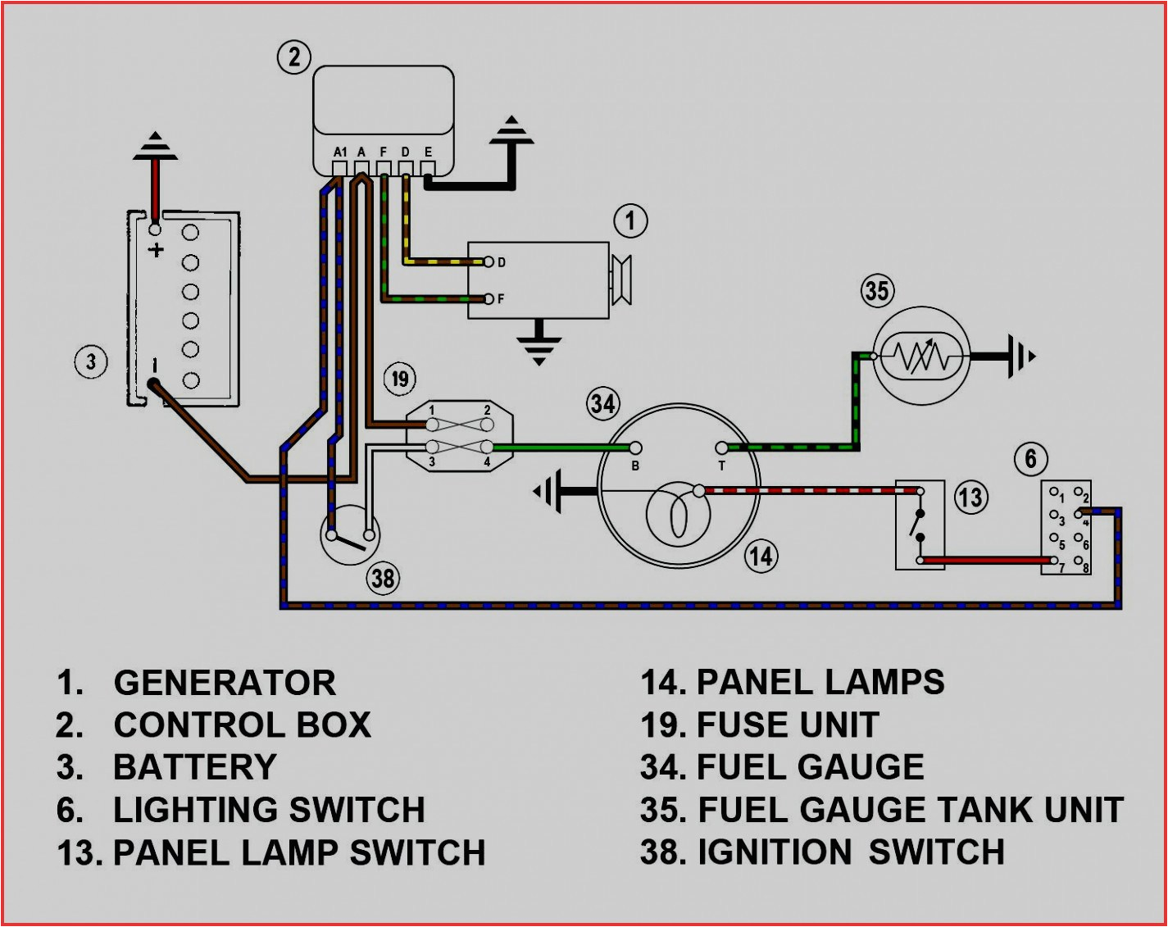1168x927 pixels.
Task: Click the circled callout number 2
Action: (294, 57)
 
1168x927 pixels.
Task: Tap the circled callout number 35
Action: (876, 290)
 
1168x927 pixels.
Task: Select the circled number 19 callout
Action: (399, 379)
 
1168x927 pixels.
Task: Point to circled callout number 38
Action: (383, 579)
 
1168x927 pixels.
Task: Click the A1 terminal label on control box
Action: (340, 152)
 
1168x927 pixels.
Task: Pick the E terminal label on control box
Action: (428, 152)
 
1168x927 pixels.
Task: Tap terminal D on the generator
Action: (489, 262)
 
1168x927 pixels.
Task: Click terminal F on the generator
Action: (489, 298)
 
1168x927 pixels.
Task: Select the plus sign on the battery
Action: (155, 249)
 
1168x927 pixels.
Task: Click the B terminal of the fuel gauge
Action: (635, 448)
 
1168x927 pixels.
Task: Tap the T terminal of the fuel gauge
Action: (721, 448)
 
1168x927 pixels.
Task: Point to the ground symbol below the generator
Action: (539, 345)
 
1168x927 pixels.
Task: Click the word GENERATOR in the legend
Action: (225, 683)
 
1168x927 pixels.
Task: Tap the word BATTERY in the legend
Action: (195, 768)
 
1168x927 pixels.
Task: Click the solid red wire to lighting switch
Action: (984, 561)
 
